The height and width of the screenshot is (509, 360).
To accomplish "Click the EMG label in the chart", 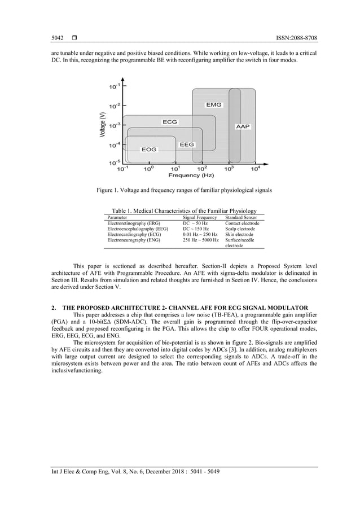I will click(x=214, y=105).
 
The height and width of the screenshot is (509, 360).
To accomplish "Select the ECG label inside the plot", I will click(x=170, y=122).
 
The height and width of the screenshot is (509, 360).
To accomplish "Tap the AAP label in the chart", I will click(x=243, y=128).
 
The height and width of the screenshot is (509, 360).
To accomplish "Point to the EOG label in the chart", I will click(x=149, y=150).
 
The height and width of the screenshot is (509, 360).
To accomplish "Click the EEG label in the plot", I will click(x=187, y=144).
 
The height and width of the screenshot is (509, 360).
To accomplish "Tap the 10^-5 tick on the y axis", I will click(x=113, y=163).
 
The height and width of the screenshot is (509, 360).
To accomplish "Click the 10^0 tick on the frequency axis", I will click(x=148, y=168).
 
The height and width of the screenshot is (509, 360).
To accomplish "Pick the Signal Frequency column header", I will click(x=200, y=217).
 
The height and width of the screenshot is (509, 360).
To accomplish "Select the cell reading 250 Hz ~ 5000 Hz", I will click(x=200, y=240).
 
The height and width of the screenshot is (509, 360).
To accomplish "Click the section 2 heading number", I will click(x=52, y=306).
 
